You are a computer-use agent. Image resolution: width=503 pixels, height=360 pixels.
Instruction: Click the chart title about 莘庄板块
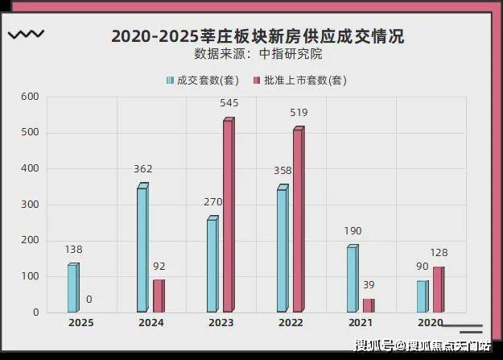[x=258, y=36]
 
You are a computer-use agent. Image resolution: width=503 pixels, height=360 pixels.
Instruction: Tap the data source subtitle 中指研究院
[x=258, y=55]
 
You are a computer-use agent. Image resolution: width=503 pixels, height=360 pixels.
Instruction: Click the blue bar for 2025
[x=73, y=288]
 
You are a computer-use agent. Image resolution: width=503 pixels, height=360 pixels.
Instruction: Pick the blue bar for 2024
[x=142, y=250]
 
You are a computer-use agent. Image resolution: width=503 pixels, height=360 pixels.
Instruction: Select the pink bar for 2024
[x=159, y=296]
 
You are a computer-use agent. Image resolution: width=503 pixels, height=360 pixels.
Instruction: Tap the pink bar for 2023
[x=229, y=216]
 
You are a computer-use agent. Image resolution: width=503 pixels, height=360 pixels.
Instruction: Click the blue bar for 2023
[x=212, y=265]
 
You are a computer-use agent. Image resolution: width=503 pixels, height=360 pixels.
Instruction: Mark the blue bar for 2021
[x=352, y=279]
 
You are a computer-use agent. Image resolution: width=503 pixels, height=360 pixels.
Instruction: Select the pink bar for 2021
[x=368, y=305]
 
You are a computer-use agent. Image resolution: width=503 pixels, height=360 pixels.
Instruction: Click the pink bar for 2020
[x=438, y=289]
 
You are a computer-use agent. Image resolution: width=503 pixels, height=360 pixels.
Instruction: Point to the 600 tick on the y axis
[x=29, y=97]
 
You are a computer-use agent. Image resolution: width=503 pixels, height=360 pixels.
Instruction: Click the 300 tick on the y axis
[x=29, y=205]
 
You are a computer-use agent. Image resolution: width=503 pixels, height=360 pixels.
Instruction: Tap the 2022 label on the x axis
[x=291, y=323]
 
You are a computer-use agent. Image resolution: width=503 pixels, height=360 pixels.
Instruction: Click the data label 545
[x=229, y=103]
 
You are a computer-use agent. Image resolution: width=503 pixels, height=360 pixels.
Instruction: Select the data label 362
[x=143, y=169]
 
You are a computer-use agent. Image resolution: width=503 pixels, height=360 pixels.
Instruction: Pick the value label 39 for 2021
[x=368, y=285]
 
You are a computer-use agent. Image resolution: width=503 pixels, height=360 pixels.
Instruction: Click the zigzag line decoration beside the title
[x=26, y=35]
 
